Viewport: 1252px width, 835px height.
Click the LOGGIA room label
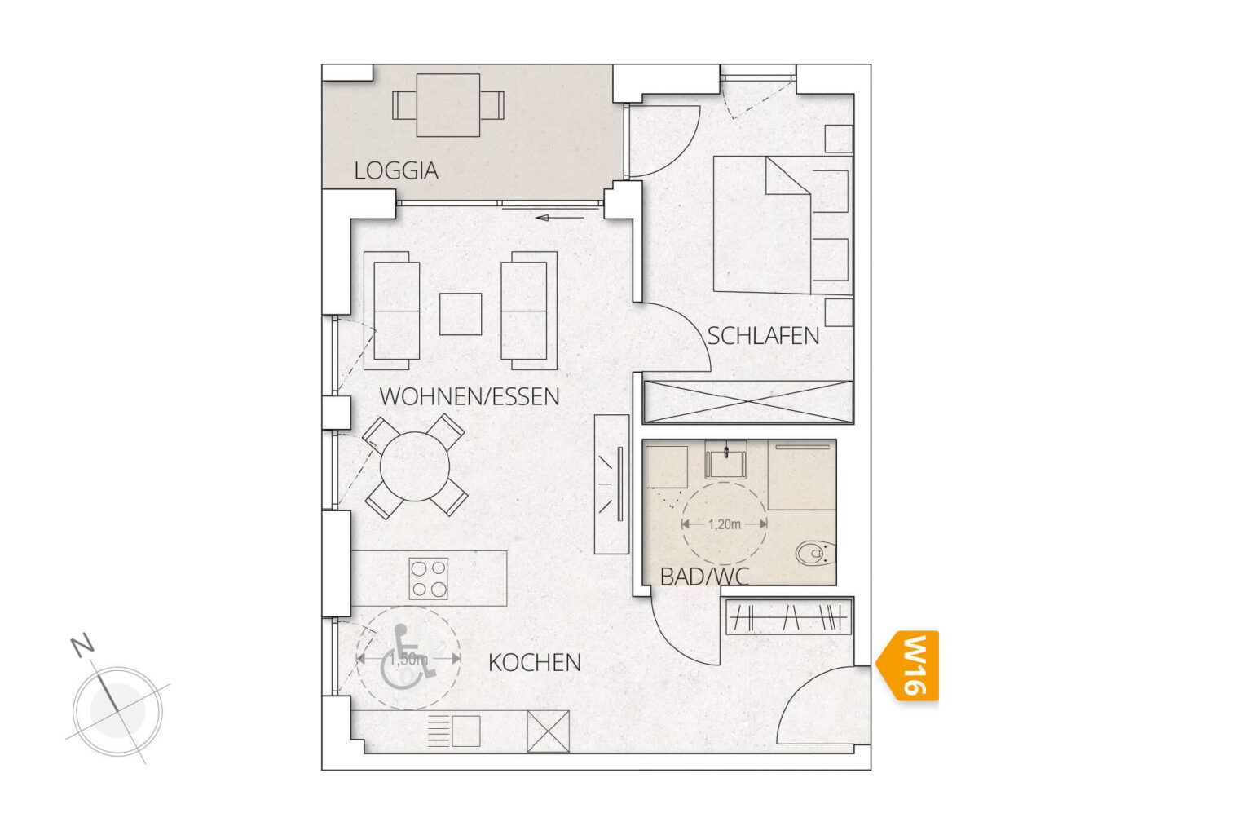(395, 171)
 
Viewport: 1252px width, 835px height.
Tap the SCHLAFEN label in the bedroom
(763, 336)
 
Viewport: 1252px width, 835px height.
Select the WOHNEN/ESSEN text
(469, 396)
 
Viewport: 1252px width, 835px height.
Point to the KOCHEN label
(535, 663)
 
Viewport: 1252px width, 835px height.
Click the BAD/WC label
(704, 577)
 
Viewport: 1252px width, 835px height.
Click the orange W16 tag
(907, 665)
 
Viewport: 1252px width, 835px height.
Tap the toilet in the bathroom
(815, 554)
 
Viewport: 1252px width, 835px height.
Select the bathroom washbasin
(725, 459)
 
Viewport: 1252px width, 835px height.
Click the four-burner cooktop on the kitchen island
(429, 579)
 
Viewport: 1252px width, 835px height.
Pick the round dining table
(415, 466)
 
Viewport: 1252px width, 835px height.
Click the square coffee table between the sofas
(461, 314)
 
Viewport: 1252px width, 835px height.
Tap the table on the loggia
(448, 105)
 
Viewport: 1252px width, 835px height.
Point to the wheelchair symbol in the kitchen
(408, 658)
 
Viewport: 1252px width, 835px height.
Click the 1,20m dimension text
(724, 524)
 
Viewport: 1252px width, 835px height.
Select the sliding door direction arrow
(559, 218)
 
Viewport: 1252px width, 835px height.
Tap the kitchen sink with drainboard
(454, 731)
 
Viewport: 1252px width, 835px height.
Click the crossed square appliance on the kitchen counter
(549, 731)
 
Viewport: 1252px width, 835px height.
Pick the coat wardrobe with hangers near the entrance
(788, 617)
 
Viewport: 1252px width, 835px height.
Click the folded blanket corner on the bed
(788, 175)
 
